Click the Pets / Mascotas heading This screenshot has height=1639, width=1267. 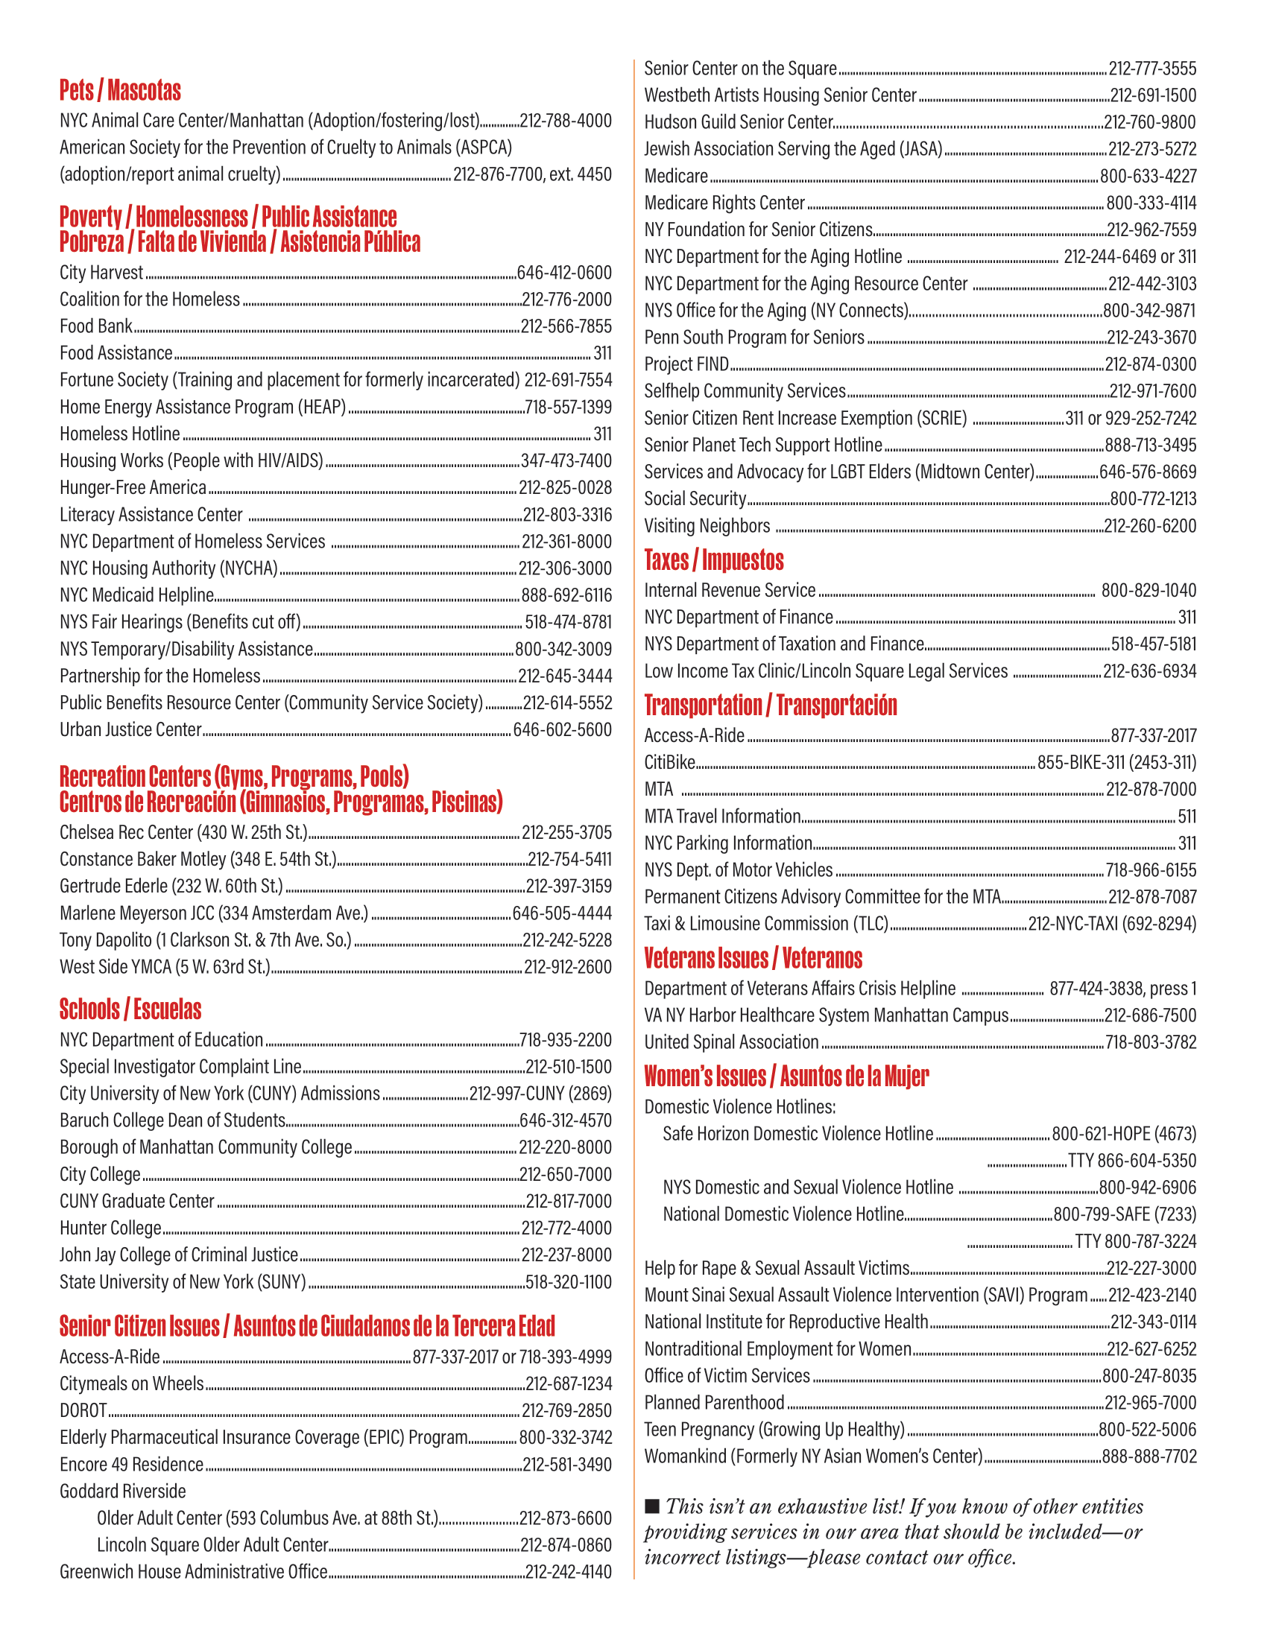(120, 91)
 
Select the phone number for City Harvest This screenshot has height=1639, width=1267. (563, 273)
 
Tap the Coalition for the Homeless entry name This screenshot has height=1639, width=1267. (149, 299)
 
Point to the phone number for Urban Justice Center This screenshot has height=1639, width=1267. (562, 729)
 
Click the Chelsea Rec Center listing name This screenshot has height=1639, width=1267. (184, 832)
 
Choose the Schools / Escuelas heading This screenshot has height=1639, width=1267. (130, 1009)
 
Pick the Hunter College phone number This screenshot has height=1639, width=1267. (566, 1228)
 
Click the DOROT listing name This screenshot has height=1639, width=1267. (83, 1410)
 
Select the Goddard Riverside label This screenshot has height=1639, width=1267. (122, 1491)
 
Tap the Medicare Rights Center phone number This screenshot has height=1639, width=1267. (1151, 203)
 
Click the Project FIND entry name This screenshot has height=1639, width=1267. (686, 364)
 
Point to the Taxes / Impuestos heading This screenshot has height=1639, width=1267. (713, 559)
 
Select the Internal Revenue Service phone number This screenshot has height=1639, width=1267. (1148, 591)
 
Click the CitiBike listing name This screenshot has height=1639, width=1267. (669, 762)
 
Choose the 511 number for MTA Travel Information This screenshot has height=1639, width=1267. (1187, 817)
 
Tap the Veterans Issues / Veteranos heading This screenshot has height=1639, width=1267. (753, 958)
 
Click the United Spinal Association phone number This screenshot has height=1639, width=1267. (1151, 1042)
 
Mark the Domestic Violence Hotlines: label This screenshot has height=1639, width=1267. (739, 1107)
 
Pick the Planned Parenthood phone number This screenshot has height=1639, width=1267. (1151, 1403)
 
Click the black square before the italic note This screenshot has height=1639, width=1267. (652, 1506)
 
